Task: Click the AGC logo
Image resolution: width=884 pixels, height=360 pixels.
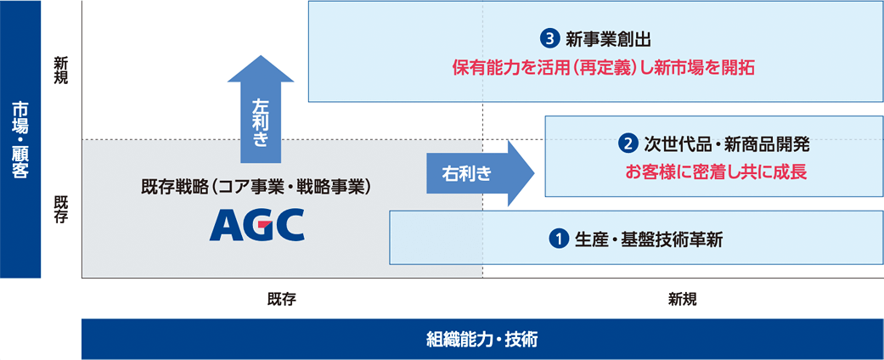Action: tap(256, 225)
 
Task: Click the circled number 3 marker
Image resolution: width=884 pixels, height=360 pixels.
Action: tap(549, 38)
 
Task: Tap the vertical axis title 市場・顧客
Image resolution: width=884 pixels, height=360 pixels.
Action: tap(20, 140)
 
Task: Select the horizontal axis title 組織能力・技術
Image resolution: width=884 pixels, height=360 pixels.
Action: tap(481, 340)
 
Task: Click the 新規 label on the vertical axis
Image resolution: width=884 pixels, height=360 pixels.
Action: tap(61, 70)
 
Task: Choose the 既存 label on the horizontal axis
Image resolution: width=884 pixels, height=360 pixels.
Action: tap(281, 299)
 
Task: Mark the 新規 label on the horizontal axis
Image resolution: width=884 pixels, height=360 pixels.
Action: tap(682, 299)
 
